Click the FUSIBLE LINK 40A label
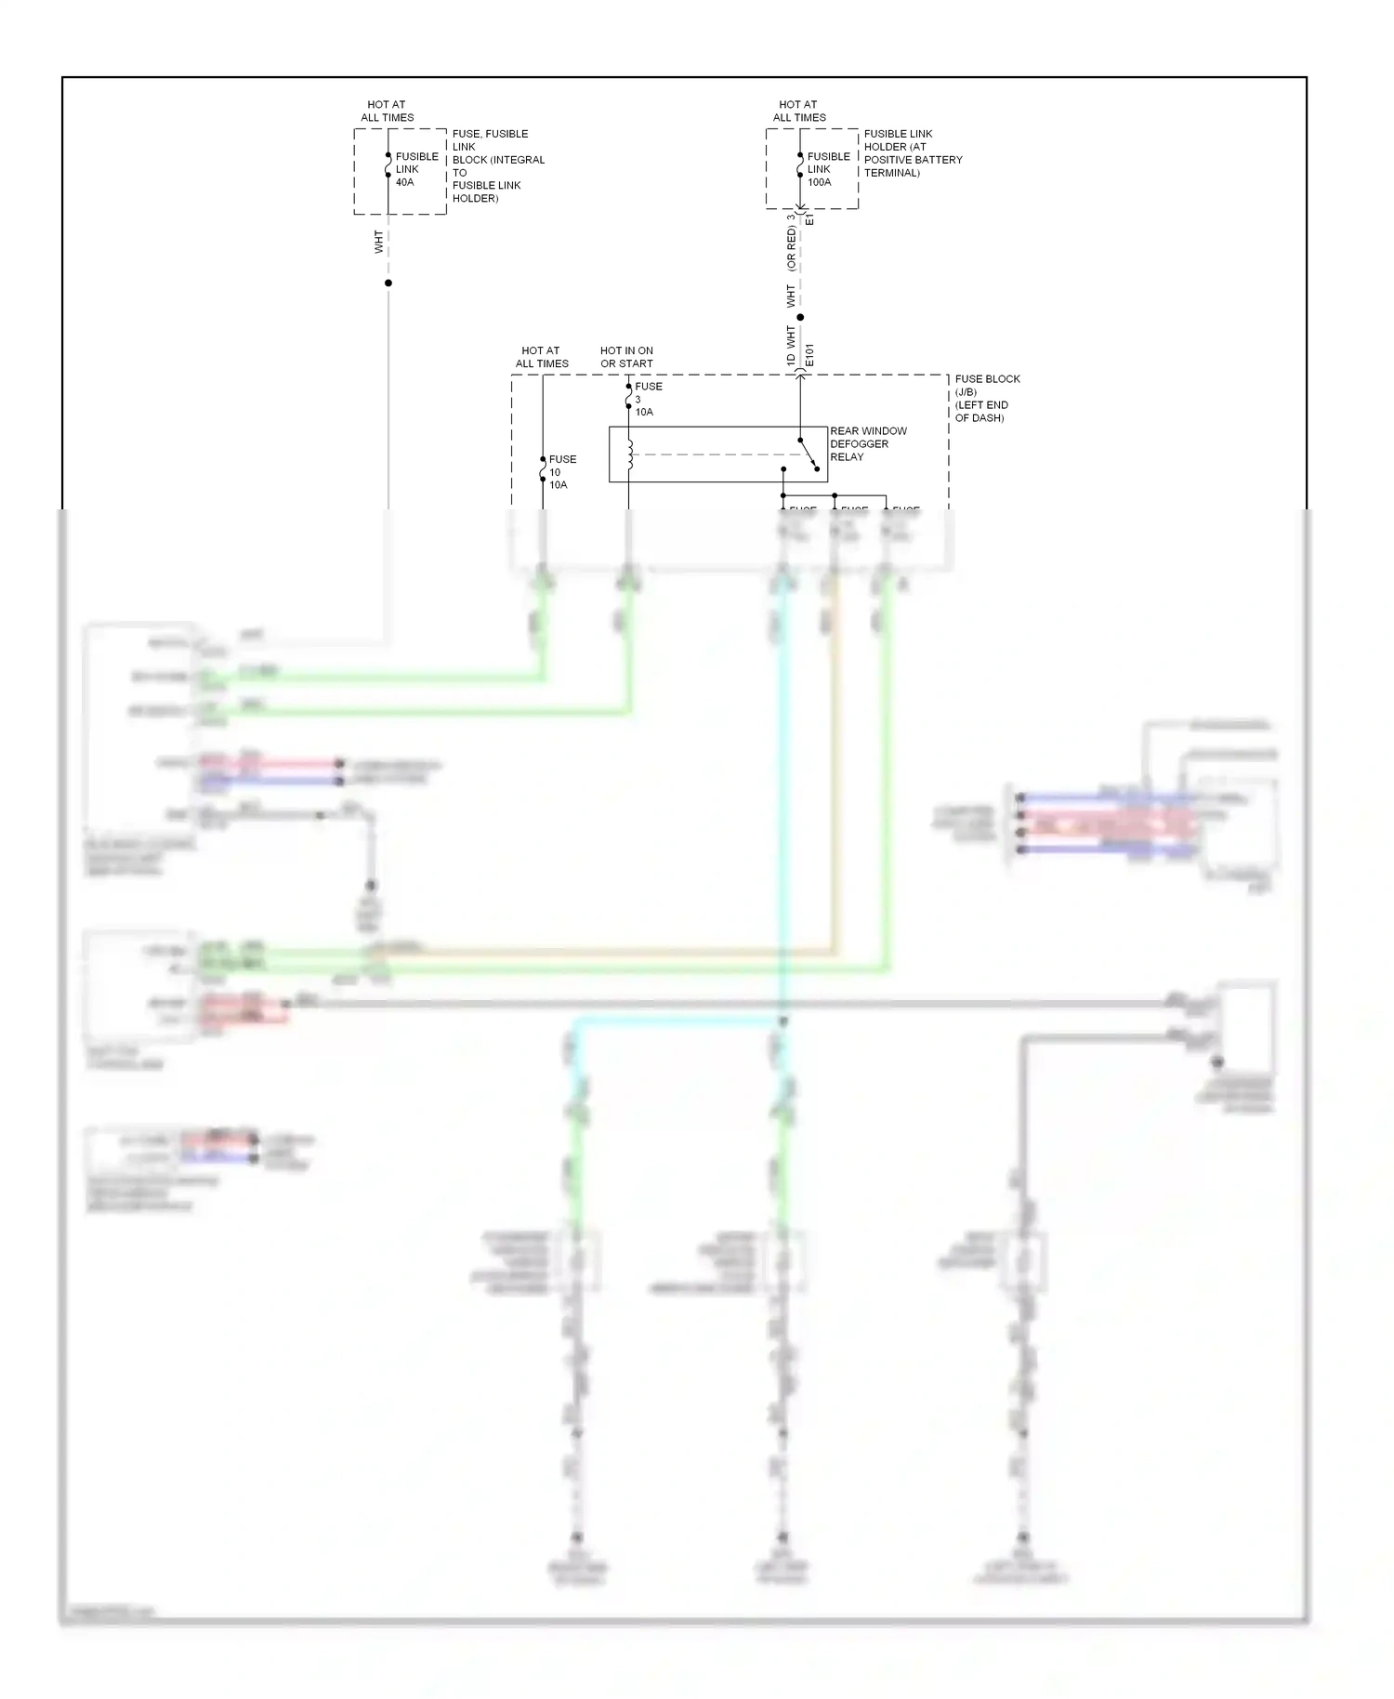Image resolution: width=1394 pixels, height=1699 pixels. pyautogui.click(x=416, y=169)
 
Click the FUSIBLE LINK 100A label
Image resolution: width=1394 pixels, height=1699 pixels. pyautogui.click(x=828, y=169)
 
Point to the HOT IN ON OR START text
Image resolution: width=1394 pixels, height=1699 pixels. pyautogui.click(x=626, y=357)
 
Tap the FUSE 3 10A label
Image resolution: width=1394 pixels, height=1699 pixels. pyautogui.click(x=648, y=399)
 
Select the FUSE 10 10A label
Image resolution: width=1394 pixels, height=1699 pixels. pyautogui.click(x=561, y=472)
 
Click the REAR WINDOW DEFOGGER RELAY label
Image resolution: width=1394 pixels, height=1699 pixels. pyautogui.click(x=868, y=443)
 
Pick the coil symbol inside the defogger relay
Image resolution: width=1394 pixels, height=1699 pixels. pyautogui.click(x=630, y=454)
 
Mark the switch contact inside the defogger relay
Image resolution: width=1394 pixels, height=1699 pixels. pyautogui.click(x=809, y=454)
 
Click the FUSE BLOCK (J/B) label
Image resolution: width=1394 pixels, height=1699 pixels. pyautogui.click(x=987, y=398)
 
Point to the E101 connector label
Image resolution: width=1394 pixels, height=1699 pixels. pyautogui.click(x=809, y=354)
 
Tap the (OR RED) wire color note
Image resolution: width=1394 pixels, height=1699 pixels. pyautogui.click(x=792, y=248)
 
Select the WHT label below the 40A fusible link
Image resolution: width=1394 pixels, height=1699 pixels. pyautogui.click(x=378, y=242)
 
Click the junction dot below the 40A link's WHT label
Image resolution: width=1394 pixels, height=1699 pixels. pyautogui.click(x=388, y=283)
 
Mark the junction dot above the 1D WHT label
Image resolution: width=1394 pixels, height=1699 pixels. pyautogui.click(x=800, y=317)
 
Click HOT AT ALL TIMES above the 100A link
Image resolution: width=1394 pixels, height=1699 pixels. pyautogui.click(x=799, y=111)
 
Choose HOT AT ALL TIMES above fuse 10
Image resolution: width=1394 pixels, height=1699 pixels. pyautogui.click(x=542, y=357)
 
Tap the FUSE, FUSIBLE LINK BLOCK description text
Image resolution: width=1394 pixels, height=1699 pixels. pyautogui.click(x=497, y=165)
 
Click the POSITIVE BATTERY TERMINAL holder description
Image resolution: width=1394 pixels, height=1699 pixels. pyautogui.click(x=912, y=153)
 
